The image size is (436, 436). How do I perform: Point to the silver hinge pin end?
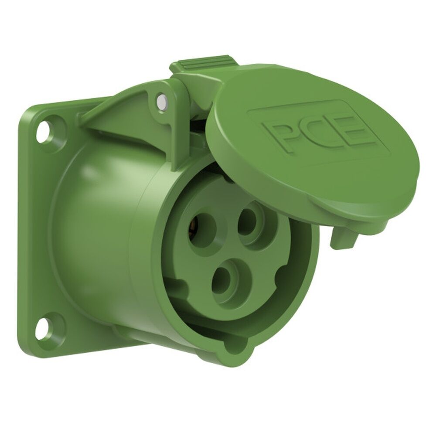click(162, 102)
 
